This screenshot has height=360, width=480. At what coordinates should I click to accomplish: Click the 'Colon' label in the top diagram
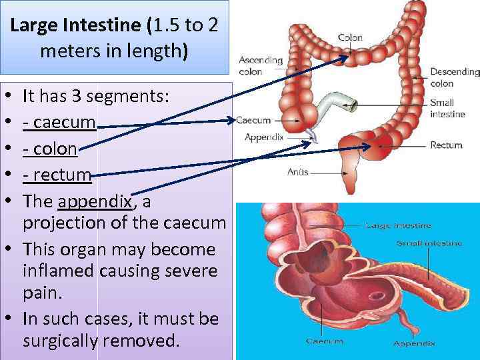[350, 38]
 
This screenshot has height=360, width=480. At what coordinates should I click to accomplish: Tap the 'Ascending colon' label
[260, 65]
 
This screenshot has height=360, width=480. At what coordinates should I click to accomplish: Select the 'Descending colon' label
[455, 77]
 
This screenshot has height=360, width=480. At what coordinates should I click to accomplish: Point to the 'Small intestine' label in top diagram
[442, 109]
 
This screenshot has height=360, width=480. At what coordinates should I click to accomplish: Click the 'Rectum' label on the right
[446, 145]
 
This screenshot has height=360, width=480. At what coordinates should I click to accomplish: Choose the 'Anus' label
[297, 172]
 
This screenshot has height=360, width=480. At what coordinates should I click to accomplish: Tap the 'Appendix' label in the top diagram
[265, 137]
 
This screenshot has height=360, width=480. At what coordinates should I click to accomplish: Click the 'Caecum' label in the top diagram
[254, 121]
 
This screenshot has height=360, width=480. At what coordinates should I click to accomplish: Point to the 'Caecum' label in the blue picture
[324, 341]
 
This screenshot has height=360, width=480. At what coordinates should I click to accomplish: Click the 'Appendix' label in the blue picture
[414, 343]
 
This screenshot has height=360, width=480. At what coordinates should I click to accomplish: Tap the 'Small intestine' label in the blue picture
[429, 243]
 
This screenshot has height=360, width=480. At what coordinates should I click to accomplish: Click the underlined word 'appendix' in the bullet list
[96, 202]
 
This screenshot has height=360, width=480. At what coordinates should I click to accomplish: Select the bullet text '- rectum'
[57, 175]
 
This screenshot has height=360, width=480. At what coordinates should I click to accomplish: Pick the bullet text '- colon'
[50, 149]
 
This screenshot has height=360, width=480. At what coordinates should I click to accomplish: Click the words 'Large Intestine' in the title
[77, 26]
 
